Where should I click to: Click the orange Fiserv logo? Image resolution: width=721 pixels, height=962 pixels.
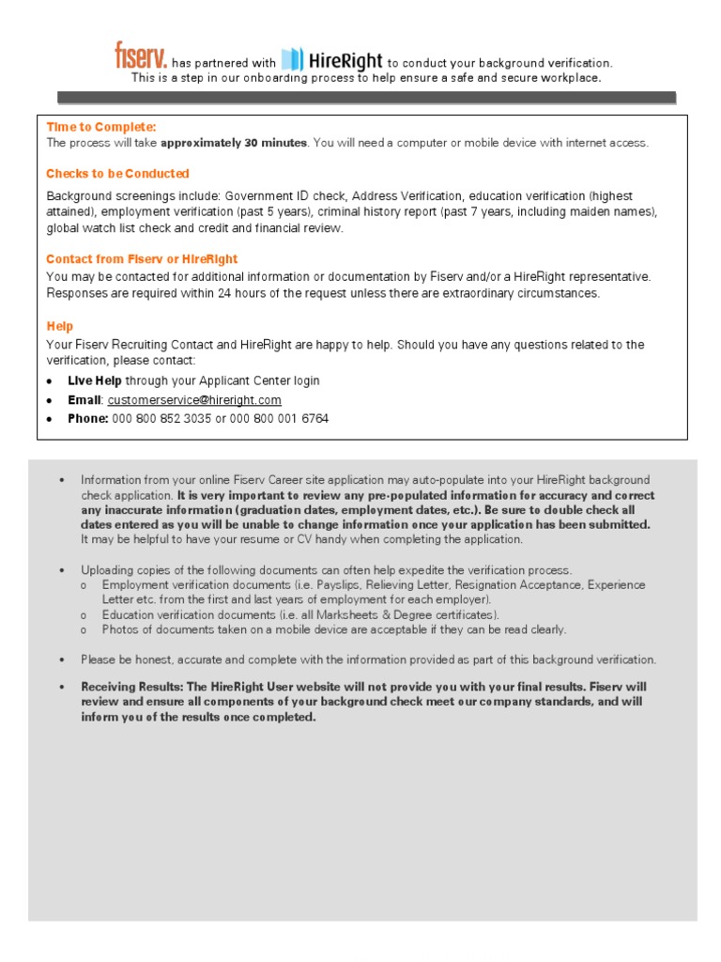(141, 56)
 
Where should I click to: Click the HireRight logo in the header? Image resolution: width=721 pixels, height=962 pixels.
(332, 60)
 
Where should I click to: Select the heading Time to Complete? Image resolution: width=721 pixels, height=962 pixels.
(101, 127)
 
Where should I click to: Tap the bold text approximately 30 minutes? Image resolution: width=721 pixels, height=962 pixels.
(234, 143)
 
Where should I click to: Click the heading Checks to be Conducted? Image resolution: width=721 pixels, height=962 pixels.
(117, 174)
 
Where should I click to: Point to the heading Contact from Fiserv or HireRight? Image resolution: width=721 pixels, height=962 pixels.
(142, 259)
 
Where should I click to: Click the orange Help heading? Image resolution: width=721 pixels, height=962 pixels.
(59, 327)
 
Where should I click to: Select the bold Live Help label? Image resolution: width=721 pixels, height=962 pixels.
(94, 380)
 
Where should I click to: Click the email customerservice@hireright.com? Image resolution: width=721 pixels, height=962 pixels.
(194, 399)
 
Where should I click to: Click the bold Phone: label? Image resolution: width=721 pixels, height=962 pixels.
(88, 418)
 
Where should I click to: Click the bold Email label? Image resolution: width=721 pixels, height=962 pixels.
(84, 399)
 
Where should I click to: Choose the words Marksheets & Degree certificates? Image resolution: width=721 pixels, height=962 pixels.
(406, 614)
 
